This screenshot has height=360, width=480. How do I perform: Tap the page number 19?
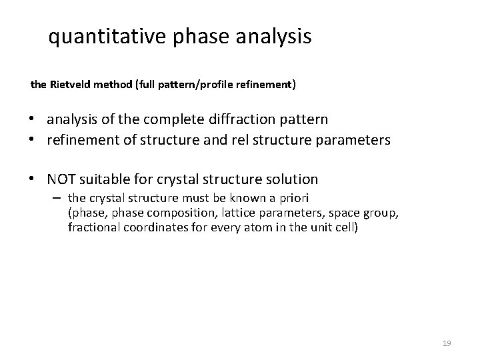point(447,343)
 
